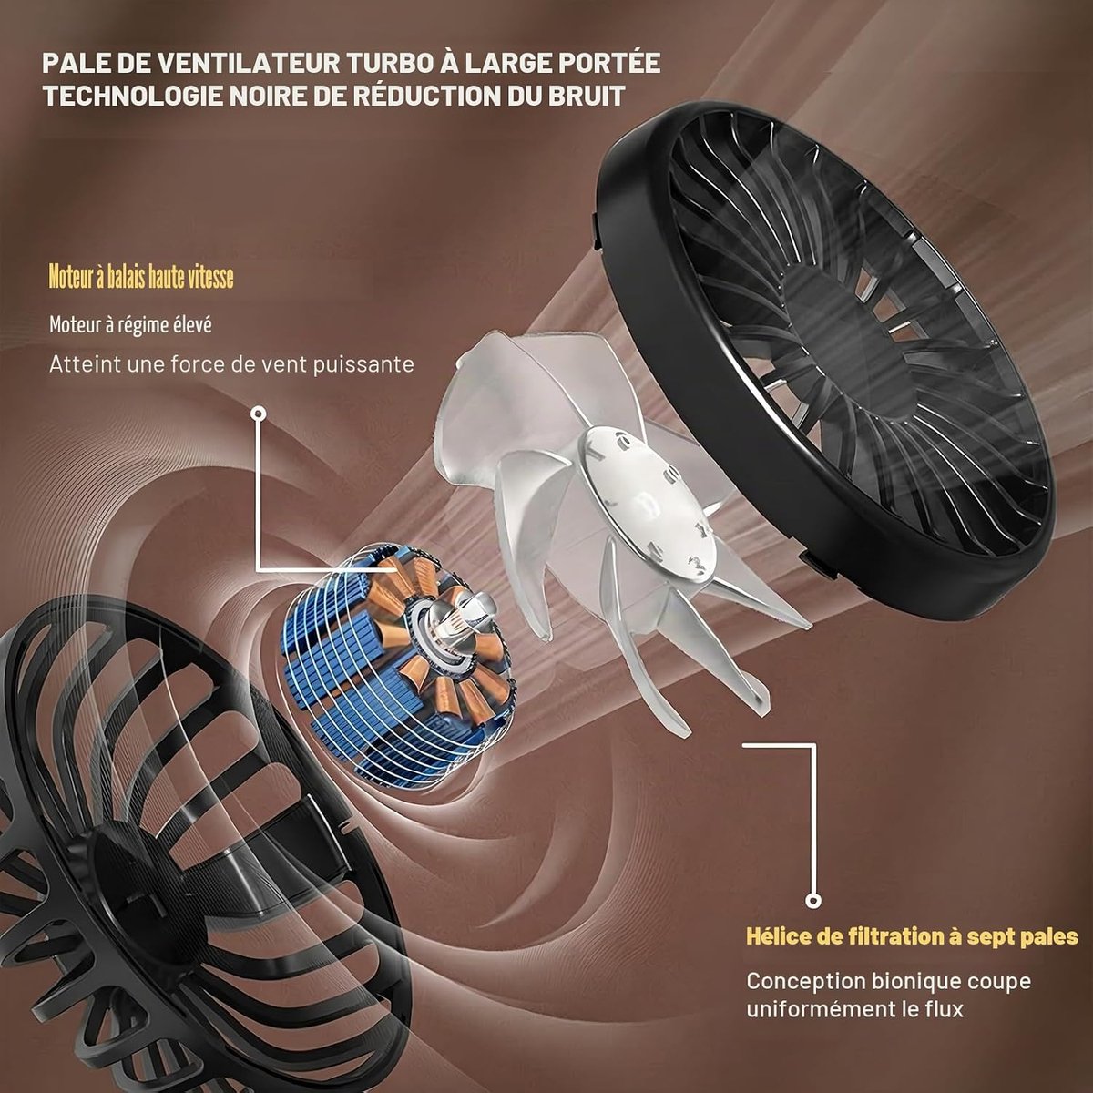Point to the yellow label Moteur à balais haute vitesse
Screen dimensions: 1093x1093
coord(140,278)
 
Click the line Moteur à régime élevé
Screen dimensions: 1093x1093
coord(130,325)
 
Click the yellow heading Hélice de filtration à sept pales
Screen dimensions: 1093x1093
coord(912,936)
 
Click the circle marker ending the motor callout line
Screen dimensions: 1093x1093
coord(260,414)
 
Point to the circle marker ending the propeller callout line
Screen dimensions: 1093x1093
coord(814,900)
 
